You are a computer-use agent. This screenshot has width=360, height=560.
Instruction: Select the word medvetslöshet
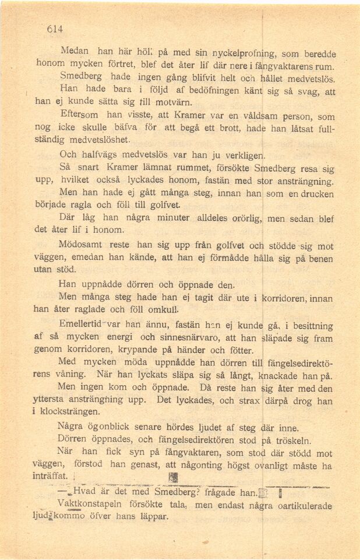coord(93,140)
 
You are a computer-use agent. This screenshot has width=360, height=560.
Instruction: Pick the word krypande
coord(124,350)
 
